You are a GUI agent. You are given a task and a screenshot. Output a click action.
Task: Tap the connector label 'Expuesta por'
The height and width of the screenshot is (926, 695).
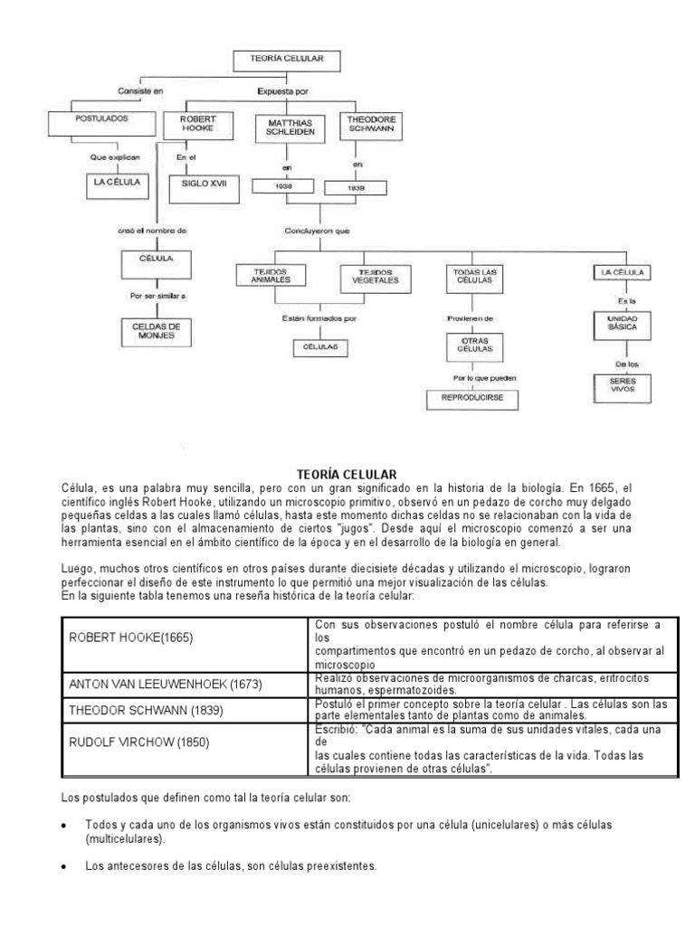click(282, 90)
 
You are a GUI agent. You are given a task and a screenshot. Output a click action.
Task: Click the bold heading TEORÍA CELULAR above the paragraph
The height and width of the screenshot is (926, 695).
click(347, 473)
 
